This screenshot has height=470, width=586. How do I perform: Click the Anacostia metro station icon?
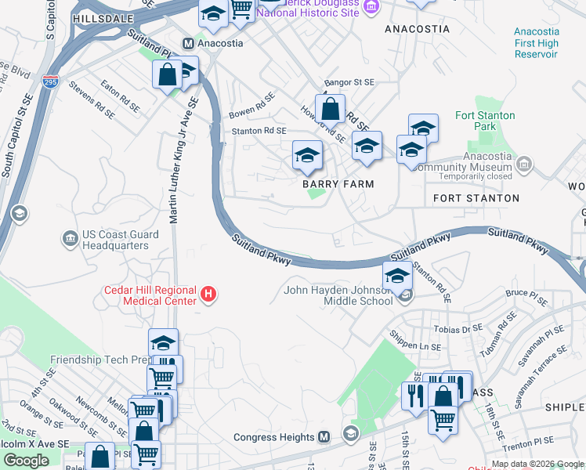tap(188, 43)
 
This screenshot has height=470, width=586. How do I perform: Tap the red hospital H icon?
tap(208, 295)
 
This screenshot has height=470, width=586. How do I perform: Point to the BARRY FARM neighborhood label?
tap(338, 184)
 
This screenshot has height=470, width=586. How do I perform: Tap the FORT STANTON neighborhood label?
tap(476, 199)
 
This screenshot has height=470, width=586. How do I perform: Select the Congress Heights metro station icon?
tap(325, 437)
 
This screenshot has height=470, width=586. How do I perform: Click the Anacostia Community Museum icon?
tap(524, 164)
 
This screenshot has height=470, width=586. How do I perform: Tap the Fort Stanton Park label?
tap(486, 121)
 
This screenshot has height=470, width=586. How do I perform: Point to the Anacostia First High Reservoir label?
tap(536, 42)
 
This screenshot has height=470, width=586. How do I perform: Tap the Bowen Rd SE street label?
tap(251, 106)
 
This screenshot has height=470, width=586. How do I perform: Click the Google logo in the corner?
tap(27, 461)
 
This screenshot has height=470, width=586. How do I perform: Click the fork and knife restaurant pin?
tap(414, 395)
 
